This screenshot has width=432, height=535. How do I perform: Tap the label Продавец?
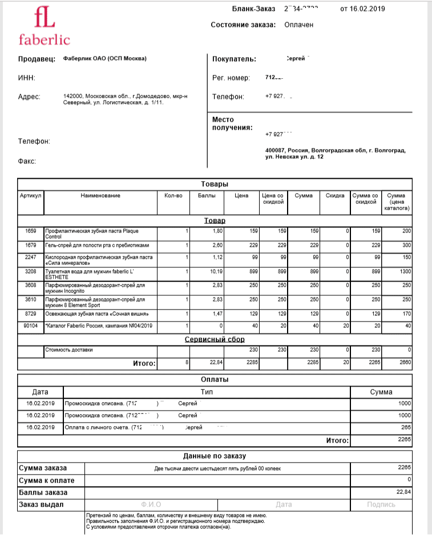pos(37,58)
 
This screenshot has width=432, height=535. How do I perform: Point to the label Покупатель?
pos(234,59)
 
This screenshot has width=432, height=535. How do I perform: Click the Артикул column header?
pos(31,196)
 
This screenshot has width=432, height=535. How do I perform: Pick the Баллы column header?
pos(207,196)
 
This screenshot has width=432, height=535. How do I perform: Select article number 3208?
pos(31,272)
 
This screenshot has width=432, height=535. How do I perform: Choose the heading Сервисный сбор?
pos(215,339)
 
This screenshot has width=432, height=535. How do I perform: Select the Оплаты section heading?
pos(215,379)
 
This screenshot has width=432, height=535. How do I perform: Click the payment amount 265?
pos(405,427)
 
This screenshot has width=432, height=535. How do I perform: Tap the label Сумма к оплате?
pos(47,480)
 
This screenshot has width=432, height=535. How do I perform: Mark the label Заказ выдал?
pos(42,504)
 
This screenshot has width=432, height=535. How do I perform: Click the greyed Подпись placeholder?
pos(381,504)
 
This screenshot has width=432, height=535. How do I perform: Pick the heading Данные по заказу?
pos(214,456)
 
